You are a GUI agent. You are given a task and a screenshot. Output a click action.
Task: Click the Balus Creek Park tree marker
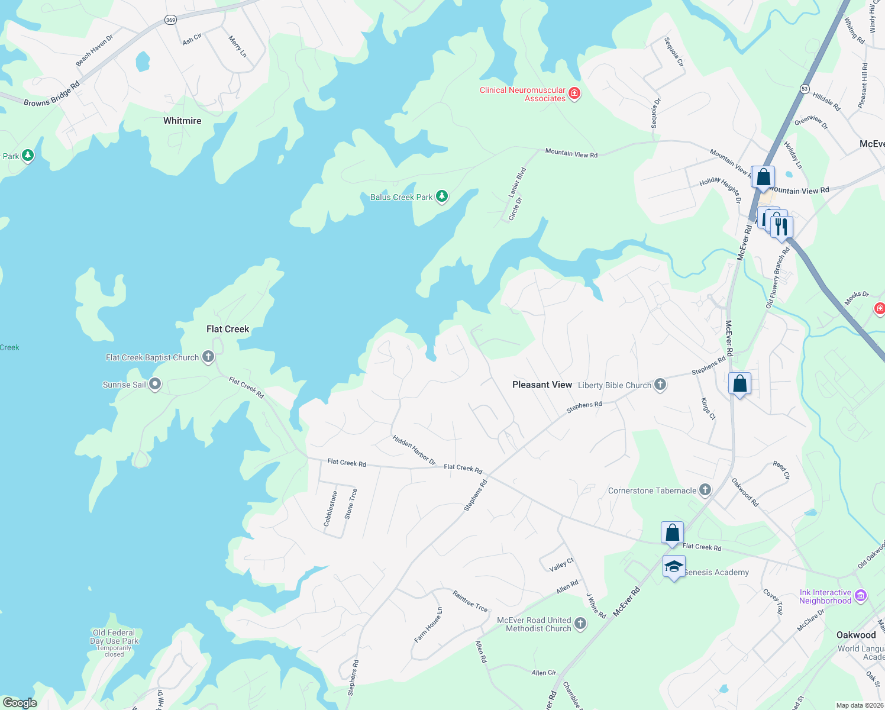(x=441, y=196)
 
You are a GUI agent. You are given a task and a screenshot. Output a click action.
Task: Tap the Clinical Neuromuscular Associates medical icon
(x=574, y=93)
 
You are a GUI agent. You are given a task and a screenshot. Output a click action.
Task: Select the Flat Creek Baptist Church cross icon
(x=208, y=357)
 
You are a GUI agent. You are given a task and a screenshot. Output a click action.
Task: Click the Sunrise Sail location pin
(x=155, y=384)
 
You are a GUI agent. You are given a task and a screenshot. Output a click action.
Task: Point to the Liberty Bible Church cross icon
(x=660, y=385)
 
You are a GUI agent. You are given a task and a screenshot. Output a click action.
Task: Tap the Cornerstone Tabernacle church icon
(x=705, y=490)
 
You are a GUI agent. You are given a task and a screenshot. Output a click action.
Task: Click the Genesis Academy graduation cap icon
(x=674, y=567)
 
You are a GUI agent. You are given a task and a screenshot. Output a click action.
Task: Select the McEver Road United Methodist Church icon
(x=580, y=623)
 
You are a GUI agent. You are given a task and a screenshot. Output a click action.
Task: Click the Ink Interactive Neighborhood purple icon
(x=861, y=596)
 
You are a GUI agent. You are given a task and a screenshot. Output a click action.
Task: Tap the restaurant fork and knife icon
(x=782, y=227)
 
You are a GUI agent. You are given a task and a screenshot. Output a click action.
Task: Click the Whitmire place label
(x=182, y=121)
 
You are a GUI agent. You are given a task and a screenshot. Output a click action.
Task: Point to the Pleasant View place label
(x=542, y=385)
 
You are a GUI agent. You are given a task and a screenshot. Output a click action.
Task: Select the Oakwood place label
(x=855, y=635)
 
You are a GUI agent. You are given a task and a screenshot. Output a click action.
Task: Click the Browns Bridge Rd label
(x=52, y=95)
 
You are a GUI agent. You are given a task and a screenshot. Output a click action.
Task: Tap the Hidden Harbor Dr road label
(x=414, y=450)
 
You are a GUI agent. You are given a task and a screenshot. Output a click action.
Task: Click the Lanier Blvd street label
(x=518, y=182)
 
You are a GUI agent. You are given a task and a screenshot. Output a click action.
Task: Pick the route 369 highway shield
(x=170, y=20)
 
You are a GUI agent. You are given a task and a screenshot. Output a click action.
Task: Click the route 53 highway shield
(x=805, y=89)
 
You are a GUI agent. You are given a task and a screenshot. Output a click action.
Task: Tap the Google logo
(x=20, y=703)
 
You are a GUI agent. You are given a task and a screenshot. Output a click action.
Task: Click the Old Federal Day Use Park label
(x=114, y=637)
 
